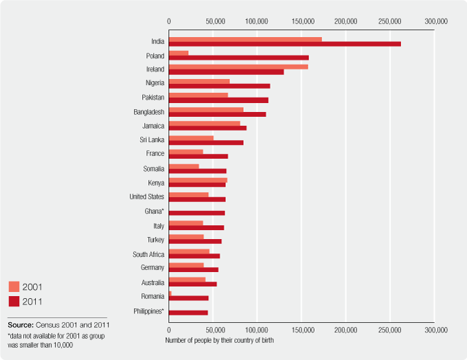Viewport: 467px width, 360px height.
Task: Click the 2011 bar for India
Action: tap(284, 44)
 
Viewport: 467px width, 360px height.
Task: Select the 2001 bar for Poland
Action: tap(179, 53)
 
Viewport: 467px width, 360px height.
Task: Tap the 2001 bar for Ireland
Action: tap(238, 67)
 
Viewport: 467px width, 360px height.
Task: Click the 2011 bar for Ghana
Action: tap(196, 213)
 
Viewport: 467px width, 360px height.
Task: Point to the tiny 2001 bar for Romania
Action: tap(170, 293)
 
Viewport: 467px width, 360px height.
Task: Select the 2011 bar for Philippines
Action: tap(188, 313)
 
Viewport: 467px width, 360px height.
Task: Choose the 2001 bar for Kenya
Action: tap(198, 180)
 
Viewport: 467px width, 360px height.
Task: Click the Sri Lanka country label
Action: tap(152, 139)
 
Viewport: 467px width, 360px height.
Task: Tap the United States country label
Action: tap(147, 196)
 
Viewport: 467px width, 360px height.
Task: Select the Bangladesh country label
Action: tap(149, 111)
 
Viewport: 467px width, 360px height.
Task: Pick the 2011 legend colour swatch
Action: tap(14, 301)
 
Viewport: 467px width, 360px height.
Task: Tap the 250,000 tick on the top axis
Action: tap(390, 22)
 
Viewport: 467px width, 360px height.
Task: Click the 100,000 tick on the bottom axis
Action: tap(257, 330)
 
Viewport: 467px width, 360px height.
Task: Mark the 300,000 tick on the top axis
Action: tap(435, 22)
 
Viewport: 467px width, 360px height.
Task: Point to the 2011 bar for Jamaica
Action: tap(207, 128)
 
